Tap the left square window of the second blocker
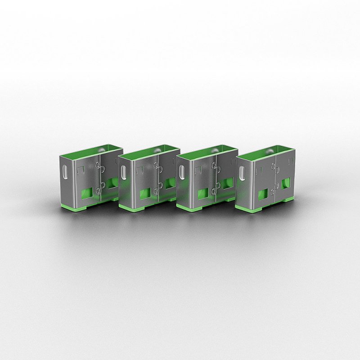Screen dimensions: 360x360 click(143, 193)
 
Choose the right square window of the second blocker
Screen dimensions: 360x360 click(169, 183)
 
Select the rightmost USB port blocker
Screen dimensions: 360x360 click(265, 182)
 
